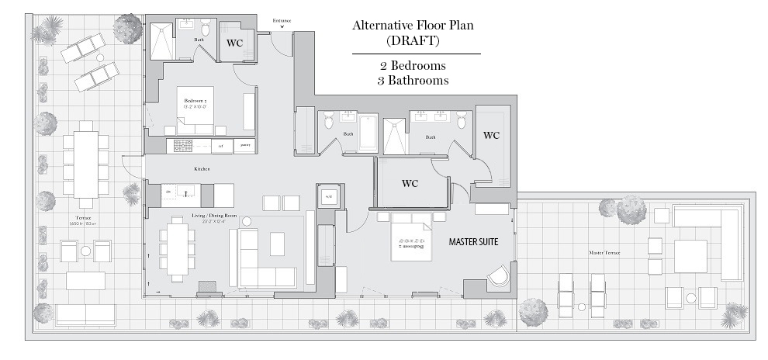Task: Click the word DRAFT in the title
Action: [x=413, y=40]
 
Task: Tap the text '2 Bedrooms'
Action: [x=413, y=65]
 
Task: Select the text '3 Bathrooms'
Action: [x=413, y=80]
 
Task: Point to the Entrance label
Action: [x=282, y=20]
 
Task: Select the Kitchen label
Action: [x=202, y=169]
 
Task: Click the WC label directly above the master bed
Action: [x=410, y=184]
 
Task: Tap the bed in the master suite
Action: [x=411, y=236]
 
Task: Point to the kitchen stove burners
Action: [x=183, y=146]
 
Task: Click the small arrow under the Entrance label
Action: [x=282, y=27]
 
